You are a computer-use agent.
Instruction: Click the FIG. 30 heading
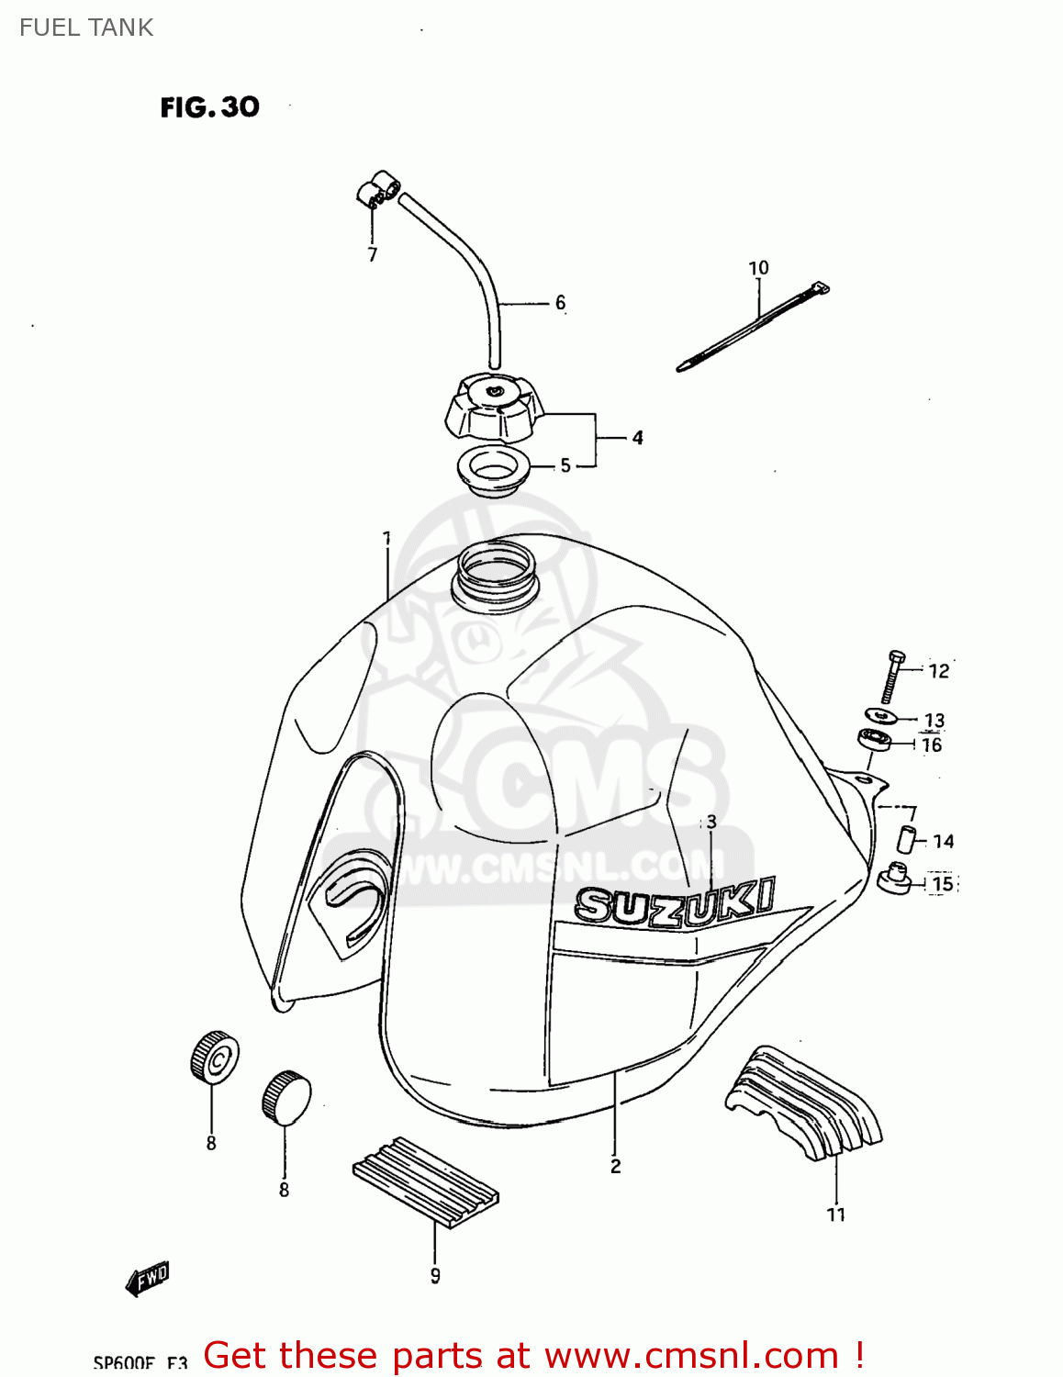pyautogui.click(x=209, y=107)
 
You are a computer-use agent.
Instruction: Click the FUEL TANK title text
pyautogui.click(x=86, y=28)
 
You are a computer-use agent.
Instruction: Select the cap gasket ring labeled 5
pyautogui.click(x=494, y=468)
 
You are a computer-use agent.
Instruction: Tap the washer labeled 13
pyautogui.click(x=881, y=715)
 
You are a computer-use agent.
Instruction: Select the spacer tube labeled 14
pyautogui.click(x=906, y=839)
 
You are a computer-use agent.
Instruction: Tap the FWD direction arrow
pyautogui.click(x=148, y=1277)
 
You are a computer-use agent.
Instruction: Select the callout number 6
pyautogui.click(x=560, y=303)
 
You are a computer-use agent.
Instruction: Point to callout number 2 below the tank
pyautogui.click(x=615, y=1166)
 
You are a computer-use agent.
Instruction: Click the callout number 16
pyautogui.click(x=932, y=745)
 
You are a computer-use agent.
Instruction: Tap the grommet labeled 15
pyautogui.click(x=893, y=879)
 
